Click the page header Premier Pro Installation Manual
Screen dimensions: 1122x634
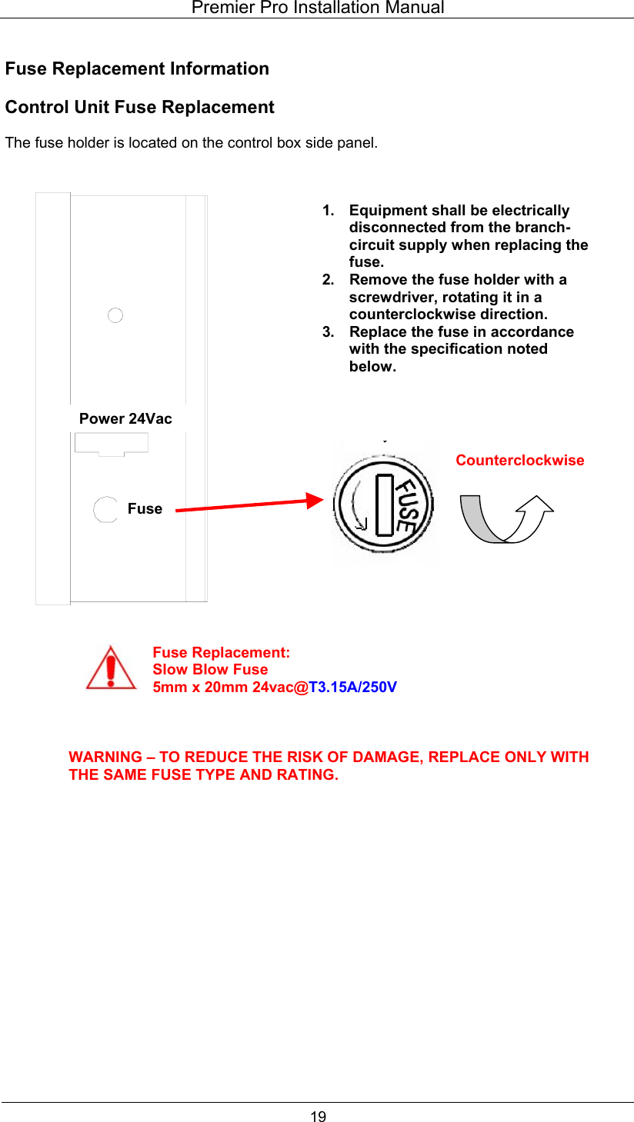click(317, 8)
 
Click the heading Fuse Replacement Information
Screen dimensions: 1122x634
click(137, 68)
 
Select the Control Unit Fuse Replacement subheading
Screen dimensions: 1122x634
click(139, 107)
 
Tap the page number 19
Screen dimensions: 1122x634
click(318, 1117)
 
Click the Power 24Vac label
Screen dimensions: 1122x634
click(125, 418)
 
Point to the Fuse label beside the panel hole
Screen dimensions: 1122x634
click(145, 508)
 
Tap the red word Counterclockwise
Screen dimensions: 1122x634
click(519, 460)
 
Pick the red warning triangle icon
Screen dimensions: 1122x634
click(112, 668)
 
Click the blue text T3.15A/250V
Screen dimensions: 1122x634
click(353, 687)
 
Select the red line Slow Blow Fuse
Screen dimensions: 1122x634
click(210, 669)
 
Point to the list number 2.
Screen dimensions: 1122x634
click(328, 279)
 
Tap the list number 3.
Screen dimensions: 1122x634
click(328, 331)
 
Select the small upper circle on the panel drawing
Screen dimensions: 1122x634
click(115, 315)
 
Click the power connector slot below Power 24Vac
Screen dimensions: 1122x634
click(112, 444)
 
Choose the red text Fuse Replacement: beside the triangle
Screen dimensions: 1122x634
click(221, 652)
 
